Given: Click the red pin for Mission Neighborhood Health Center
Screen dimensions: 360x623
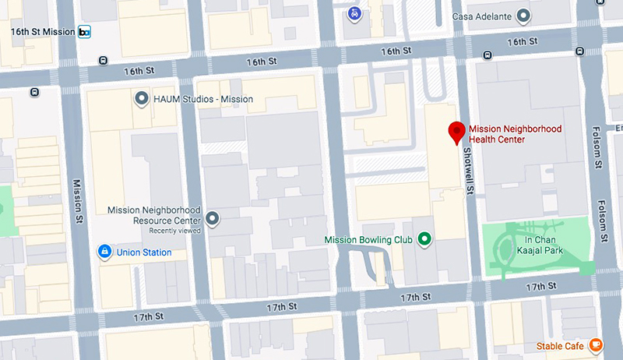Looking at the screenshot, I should click(457, 132).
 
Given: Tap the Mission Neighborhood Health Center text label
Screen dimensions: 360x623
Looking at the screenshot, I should click(515, 134).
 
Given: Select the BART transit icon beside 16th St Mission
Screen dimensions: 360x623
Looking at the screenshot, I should click(84, 32).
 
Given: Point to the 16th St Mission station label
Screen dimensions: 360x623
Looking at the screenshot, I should click(43, 32).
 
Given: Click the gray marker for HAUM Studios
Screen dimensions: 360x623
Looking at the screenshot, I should click(141, 99).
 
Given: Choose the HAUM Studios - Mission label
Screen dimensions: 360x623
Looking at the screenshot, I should click(203, 99).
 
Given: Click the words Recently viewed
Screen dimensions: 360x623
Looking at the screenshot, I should click(175, 231).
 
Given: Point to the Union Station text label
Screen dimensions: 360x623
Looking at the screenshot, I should click(144, 252).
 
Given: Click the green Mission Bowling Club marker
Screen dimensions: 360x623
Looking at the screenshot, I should click(424, 239).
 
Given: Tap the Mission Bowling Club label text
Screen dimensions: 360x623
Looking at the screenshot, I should click(370, 239).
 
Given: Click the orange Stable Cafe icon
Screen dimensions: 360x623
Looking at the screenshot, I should click(595, 344).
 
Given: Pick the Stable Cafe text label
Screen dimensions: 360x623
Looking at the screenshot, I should click(560, 345).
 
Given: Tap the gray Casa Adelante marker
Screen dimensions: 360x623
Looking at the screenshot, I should click(524, 15).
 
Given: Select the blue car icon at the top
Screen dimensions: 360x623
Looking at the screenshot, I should click(354, 13).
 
